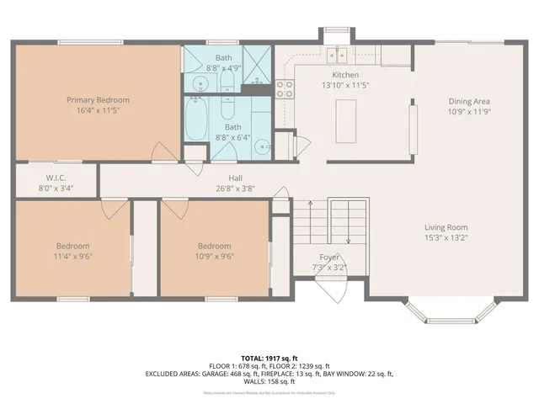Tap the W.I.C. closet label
tap(56, 178)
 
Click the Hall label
tap(236, 178)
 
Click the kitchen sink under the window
tap(339, 56)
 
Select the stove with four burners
tap(284, 88)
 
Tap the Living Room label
tap(446, 227)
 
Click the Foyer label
tap(329, 257)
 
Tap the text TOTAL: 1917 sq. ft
tap(269, 358)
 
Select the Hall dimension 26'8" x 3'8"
tap(236, 189)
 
